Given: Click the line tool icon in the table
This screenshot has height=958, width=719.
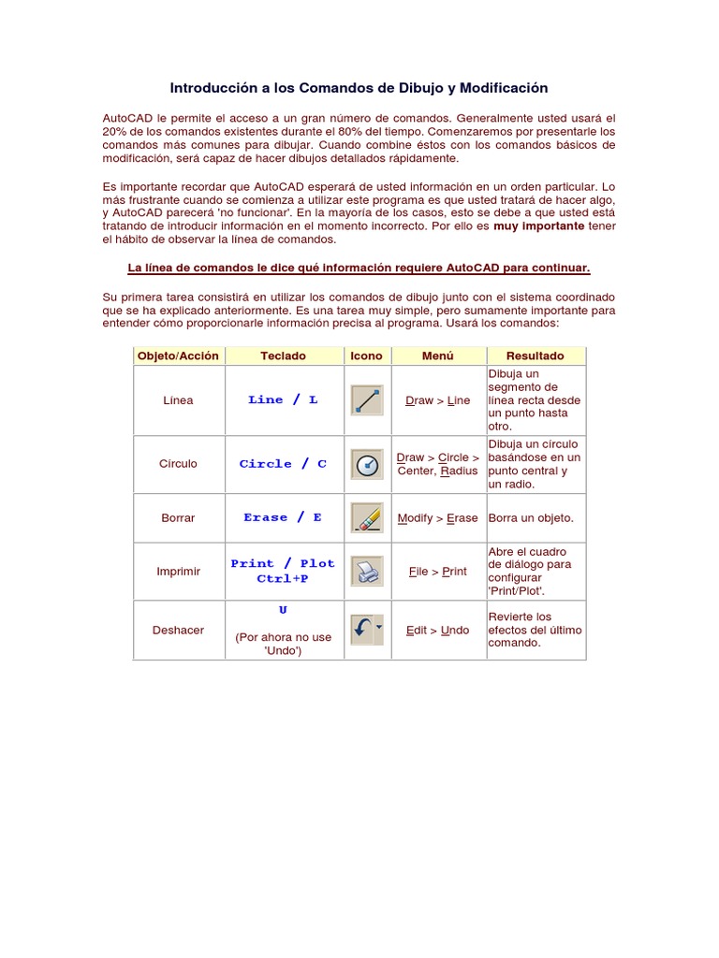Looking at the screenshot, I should coord(366,400).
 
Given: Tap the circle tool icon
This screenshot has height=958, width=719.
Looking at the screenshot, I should coord(366,464).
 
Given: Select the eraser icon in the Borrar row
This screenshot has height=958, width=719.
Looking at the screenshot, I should coord(366,518).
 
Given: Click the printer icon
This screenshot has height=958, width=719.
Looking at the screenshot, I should coord(366,571).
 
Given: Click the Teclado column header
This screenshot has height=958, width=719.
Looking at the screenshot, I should coord(283,356).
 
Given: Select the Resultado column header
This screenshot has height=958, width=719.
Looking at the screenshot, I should coord(535,356).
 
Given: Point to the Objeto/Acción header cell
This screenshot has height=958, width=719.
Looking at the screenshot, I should coord(178,356).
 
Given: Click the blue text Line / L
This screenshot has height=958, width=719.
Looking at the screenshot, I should coord(283,400).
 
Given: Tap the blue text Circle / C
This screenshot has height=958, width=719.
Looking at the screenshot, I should coord(283,464).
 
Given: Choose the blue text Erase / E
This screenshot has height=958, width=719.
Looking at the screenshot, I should coord(283,518).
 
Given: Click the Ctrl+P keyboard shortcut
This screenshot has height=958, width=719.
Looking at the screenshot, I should coord(283,579).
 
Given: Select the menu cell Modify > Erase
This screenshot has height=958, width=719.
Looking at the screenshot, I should coord(437,518).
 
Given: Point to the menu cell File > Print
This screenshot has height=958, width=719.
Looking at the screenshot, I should coord(437,572).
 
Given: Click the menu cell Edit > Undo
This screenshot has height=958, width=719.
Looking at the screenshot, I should coord(437,631).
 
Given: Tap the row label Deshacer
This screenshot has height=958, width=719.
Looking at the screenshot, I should coord(178,631).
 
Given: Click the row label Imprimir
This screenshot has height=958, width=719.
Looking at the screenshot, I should coord(178,572).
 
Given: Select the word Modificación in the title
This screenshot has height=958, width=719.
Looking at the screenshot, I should coord(502,88).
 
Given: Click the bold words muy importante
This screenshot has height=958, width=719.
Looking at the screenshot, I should coord(538,226).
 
